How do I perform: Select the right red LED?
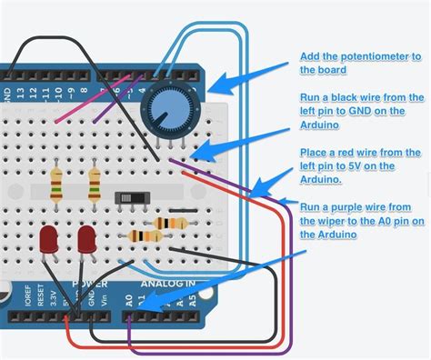[x=88, y=242]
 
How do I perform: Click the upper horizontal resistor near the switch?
[x=172, y=223]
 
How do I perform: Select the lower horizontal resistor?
[x=146, y=236]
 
